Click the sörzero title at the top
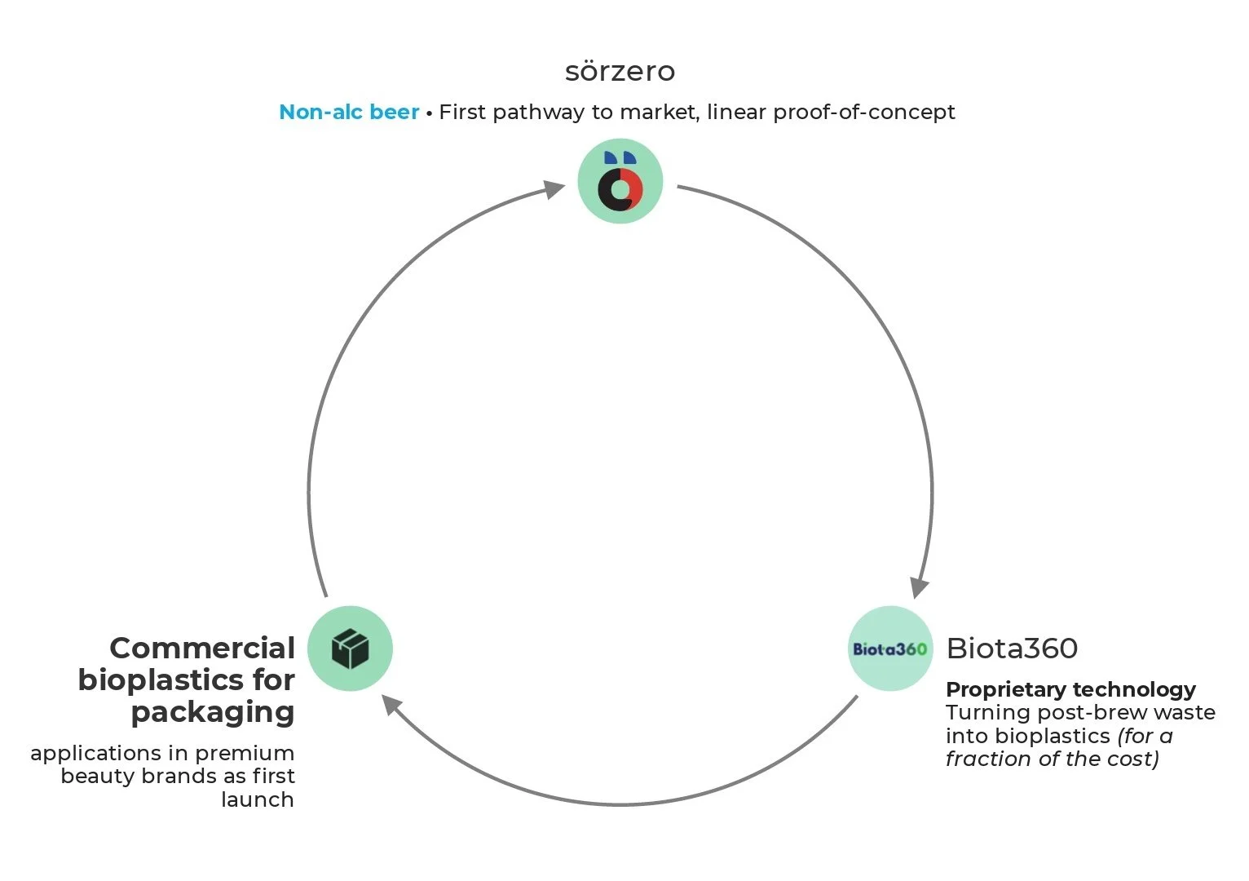[620, 72]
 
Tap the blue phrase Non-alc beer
[349, 112]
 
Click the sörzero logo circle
[620, 181]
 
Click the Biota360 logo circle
[889, 649]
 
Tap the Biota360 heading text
[1012, 649]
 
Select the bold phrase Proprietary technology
[1070, 689]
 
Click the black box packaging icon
[351, 649]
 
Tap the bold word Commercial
[202, 649]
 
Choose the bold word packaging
[213, 711]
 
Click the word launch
[258, 799]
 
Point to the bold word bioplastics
[159, 680]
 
